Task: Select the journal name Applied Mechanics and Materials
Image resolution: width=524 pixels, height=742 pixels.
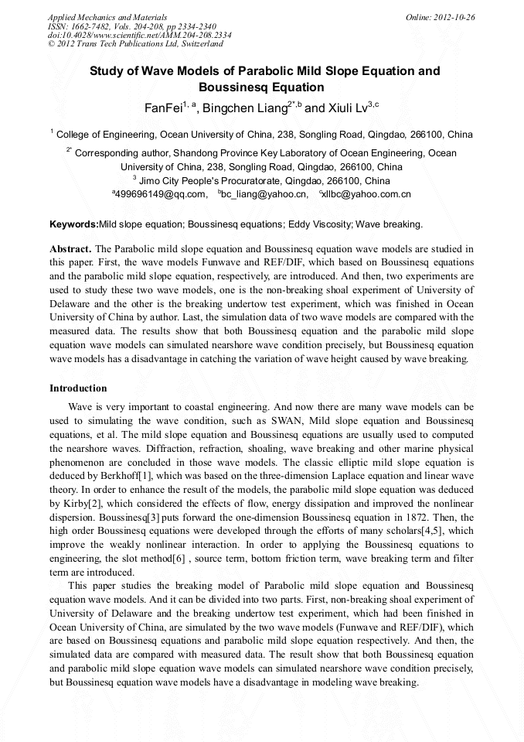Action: pyautogui.click(x=107, y=17)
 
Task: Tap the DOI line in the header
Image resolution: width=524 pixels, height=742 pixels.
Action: pyautogui.click(x=139, y=35)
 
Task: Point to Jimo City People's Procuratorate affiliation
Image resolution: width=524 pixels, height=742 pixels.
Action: pyautogui.click(x=264, y=180)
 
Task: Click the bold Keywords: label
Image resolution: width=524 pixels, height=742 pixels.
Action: pyautogui.click(x=74, y=225)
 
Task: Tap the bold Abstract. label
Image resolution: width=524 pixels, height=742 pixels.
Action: pyautogui.click(x=70, y=249)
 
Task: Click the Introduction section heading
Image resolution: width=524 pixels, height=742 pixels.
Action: pyautogui.click(x=78, y=388)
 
